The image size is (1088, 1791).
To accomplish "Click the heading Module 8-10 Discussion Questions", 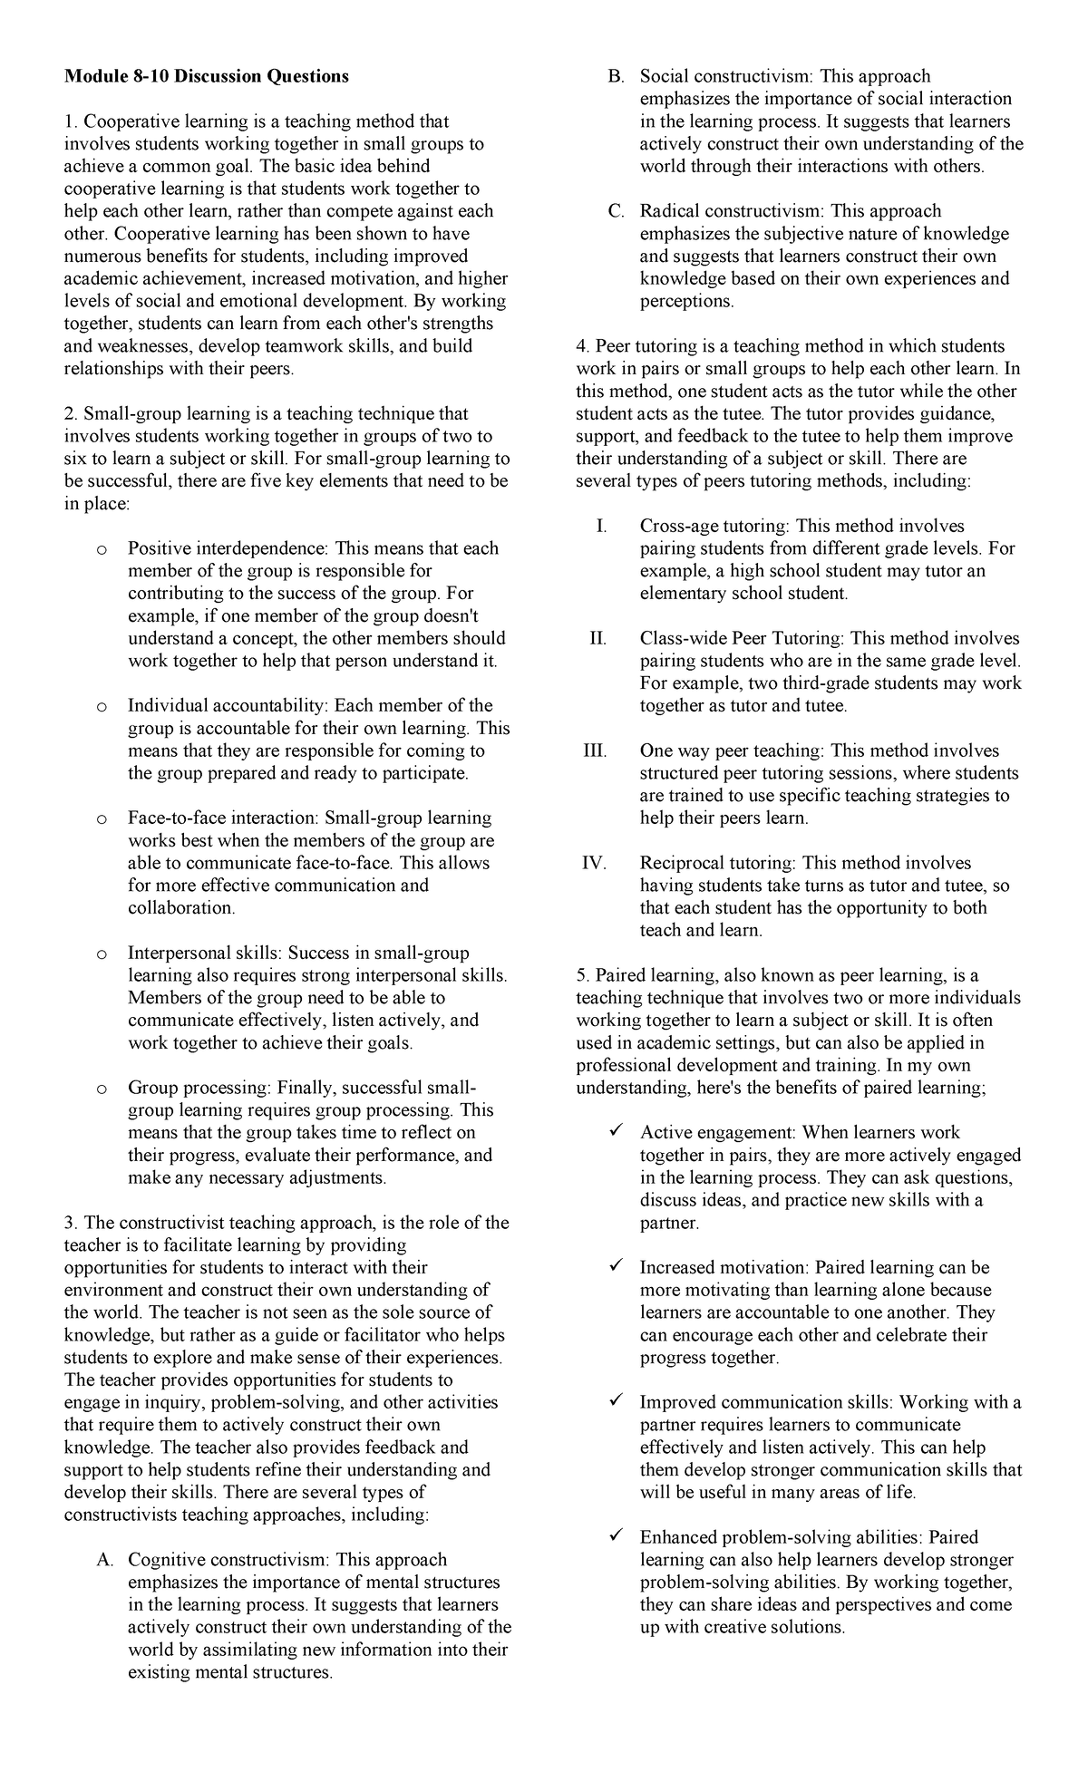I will (206, 77).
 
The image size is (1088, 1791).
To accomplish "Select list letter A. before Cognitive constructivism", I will (103, 1560).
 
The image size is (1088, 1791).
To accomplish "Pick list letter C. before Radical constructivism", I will (616, 212).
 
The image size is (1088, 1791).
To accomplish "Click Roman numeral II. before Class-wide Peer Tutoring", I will (597, 639).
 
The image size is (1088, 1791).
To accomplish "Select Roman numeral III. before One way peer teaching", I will (594, 751).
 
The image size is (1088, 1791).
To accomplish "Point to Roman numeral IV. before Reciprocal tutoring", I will (594, 864).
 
